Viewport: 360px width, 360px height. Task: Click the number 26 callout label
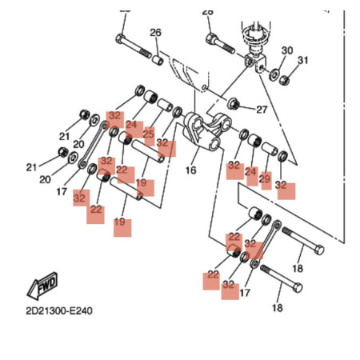tap(155, 33)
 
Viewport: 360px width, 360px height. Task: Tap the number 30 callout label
tap(287, 50)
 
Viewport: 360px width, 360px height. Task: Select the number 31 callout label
tap(303, 60)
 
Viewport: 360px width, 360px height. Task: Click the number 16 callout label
tap(190, 170)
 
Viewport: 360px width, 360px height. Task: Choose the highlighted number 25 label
tap(148, 134)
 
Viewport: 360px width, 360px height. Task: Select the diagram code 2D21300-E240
tap(59, 310)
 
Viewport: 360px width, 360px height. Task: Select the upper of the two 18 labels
tap(298, 269)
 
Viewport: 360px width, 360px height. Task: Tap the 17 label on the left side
tap(62, 191)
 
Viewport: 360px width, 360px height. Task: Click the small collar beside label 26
tap(158, 60)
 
